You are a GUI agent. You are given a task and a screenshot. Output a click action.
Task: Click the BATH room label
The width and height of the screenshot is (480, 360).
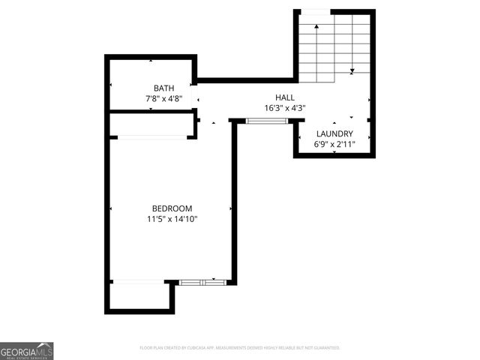(163, 88)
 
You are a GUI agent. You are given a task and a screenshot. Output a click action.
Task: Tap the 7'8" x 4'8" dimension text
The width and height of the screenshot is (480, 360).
(163, 98)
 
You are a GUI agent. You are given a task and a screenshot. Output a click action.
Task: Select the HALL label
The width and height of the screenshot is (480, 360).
(284, 97)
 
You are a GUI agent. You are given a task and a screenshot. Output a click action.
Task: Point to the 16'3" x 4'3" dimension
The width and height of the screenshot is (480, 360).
(284, 108)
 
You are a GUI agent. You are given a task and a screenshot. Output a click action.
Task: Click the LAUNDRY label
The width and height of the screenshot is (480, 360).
(334, 133)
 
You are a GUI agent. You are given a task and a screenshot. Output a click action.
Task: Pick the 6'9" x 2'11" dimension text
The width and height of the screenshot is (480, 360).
(334, 144)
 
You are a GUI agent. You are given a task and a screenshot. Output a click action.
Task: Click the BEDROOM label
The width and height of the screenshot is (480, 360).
(172, 208)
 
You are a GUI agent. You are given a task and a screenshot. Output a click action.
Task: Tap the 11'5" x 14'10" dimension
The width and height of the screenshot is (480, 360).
(172, 219)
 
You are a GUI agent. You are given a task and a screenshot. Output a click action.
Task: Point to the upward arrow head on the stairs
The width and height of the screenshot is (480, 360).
(316, 27)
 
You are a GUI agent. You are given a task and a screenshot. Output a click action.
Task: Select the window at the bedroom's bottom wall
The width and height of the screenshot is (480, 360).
(202, 282)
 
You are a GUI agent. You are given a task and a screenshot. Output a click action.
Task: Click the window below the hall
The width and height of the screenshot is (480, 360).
(267, 120)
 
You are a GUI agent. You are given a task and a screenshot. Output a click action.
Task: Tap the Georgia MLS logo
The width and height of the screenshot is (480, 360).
(27, 351)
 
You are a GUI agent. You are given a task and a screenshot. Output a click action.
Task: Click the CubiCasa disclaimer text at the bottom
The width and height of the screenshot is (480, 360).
(240, 348)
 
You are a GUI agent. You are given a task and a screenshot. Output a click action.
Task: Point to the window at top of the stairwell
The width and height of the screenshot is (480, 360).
(315, 11)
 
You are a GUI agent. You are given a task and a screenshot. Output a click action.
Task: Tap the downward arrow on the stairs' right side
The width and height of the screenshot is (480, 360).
(352, 71)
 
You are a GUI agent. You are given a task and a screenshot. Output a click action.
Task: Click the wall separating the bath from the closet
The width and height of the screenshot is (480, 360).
(150, 112)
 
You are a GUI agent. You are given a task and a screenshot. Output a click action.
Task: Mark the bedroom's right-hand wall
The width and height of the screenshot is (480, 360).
(234, 202)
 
